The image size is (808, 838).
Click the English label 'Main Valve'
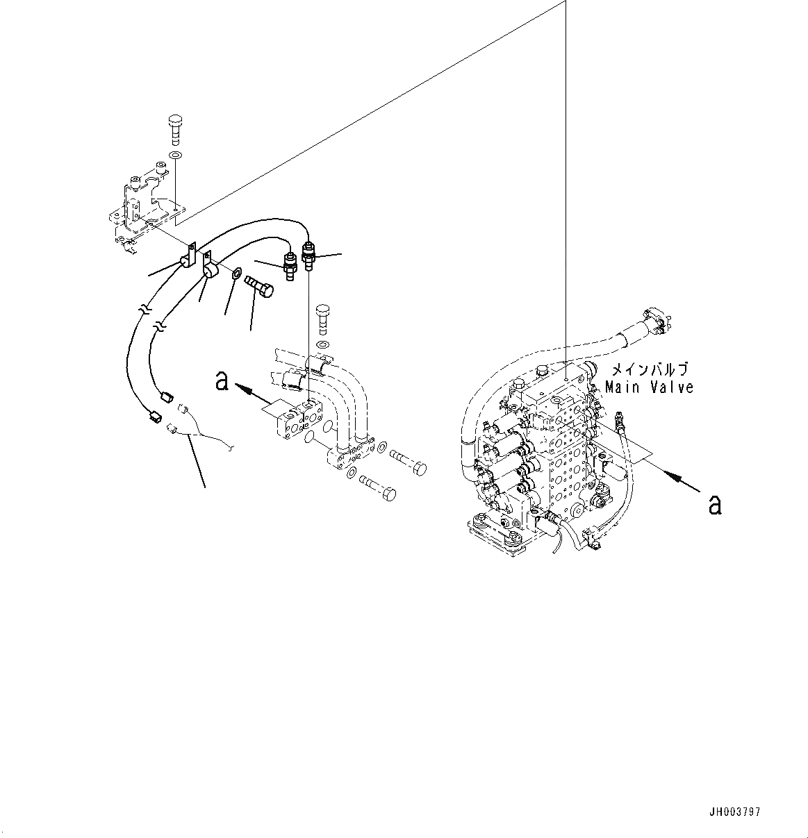[649, 387]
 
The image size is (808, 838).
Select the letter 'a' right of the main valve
[714, 505]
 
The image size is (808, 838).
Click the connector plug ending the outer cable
[154, 417]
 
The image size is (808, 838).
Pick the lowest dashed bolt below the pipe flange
[379, 490]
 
